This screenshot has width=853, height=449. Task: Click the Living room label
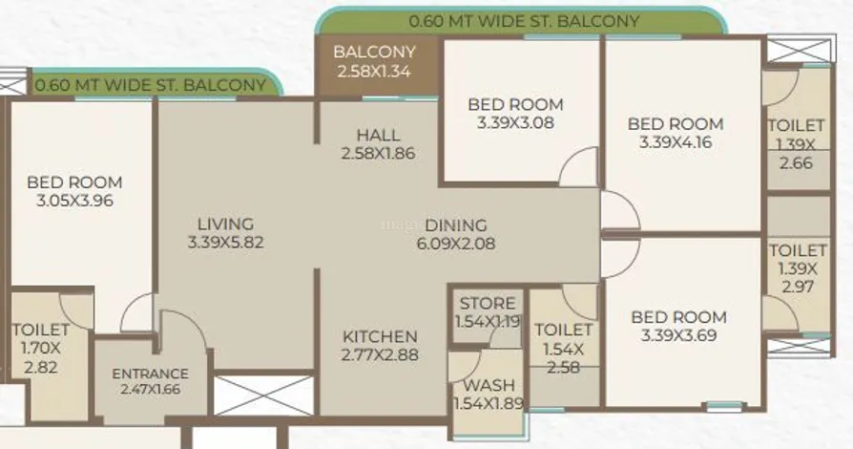pos(226,233)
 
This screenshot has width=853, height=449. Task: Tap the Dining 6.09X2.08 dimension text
pos(456,243)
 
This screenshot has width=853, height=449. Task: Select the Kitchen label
pos(380,346)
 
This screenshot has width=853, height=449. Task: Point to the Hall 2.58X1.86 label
pos(378,144)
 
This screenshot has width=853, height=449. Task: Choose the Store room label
pos(487,312)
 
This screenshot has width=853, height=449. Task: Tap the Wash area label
pos(489,394)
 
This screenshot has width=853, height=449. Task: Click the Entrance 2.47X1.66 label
pos(150,381)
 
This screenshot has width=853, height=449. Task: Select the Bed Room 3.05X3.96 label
pos(74,191)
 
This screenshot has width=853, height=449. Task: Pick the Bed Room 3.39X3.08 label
pos(516,114)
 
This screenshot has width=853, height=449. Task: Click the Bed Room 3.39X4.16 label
pos(676,133)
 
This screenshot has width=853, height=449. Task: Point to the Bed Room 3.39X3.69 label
pos(679,326)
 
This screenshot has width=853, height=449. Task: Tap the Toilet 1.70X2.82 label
pos(41,348)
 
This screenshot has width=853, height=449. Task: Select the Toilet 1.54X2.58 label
pos(563,348)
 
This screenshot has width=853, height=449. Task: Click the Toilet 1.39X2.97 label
pos(798,268)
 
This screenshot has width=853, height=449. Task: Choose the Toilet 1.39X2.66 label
pos(797,144)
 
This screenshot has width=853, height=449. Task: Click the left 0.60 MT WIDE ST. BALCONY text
pos(150,85)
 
